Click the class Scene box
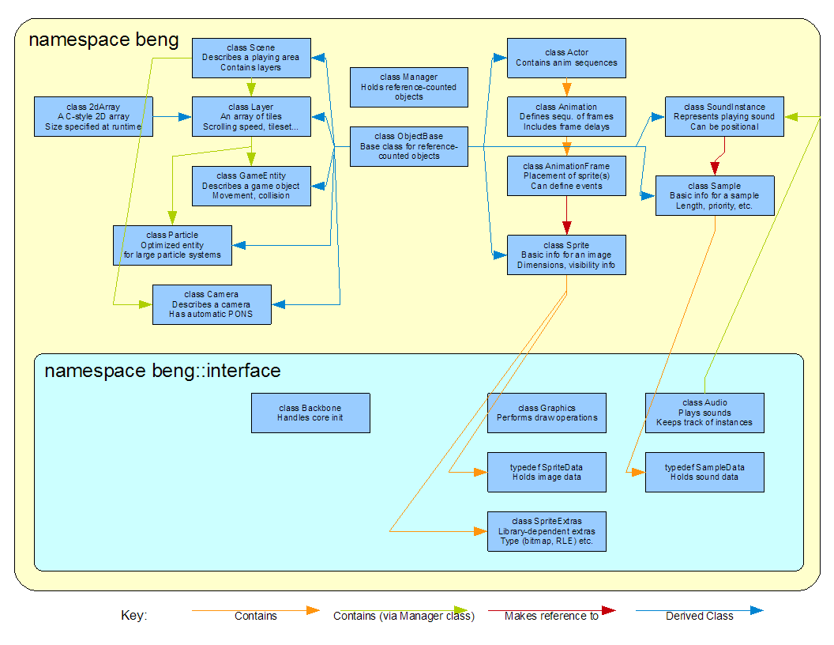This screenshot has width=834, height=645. [x=251, y=58]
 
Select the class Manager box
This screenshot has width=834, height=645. [x=408, y=87]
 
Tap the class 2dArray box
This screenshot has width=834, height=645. [x=93, y=116]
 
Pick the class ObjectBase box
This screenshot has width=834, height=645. [x=408, y=146]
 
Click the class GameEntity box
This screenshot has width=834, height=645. [x=251, y=186]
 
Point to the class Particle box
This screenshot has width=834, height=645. [x=172, y=245]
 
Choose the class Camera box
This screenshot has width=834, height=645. [x=212, y=304]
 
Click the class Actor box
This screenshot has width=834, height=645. [x=566, y=58]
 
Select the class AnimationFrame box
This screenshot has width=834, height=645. [x=566, y=175]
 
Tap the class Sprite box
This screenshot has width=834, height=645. [x=566, y=255]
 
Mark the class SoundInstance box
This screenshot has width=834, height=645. [x=724, y=116]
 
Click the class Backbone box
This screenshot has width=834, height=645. [x=310, y=413]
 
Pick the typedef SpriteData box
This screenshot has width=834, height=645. [x=547, y=472]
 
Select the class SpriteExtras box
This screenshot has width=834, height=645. [x=547, y=531]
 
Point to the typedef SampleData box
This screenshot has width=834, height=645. [x=704, y=472]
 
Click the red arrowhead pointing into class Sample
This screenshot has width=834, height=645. [x=715, y=168]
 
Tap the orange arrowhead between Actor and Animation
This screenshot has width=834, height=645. [x=566, y=89]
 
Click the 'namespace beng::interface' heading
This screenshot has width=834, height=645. [x=162, y=371]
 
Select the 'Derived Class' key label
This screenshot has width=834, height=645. [x=699, y=616]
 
